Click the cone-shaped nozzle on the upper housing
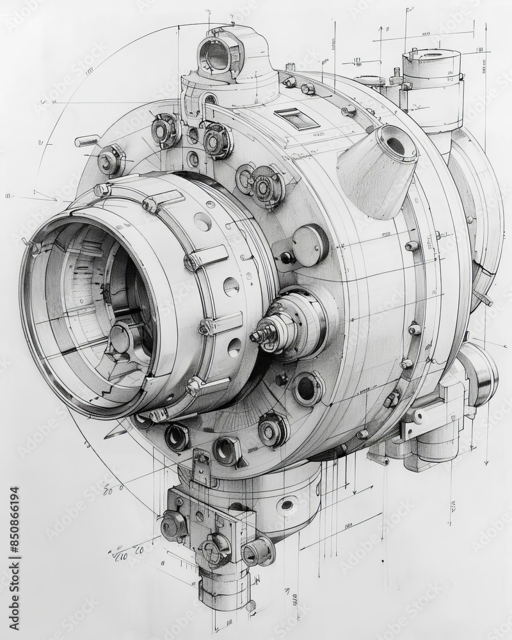[378, 169]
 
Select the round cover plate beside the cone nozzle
[309, 245]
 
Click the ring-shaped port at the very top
[218, 56]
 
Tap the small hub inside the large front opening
[121, 338]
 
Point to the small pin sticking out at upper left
[87, 140]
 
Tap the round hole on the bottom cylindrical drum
[287, 506]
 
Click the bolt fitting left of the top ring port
[165, 131]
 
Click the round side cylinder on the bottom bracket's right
[259, 551]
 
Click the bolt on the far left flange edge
[110, 159]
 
